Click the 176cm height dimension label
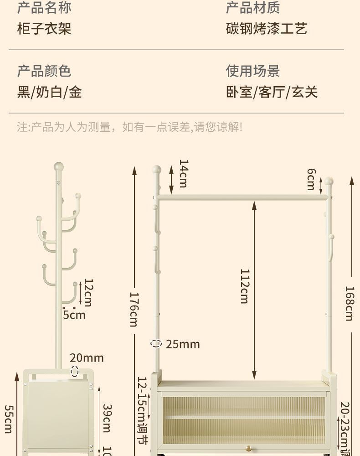134,309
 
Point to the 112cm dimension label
245,286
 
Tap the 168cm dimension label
349,303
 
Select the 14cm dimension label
183,173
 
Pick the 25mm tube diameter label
183,344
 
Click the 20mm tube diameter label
87,358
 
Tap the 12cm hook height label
88,293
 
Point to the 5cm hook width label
74,315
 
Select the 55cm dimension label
8,419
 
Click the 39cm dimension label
107,418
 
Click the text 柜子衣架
44,29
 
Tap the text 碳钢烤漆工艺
267,29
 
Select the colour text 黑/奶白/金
50,92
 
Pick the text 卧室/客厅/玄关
272,92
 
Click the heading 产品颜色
44,71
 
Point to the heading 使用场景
253,71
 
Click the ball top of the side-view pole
58,167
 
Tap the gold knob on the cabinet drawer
248,450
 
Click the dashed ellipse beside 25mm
156,343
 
